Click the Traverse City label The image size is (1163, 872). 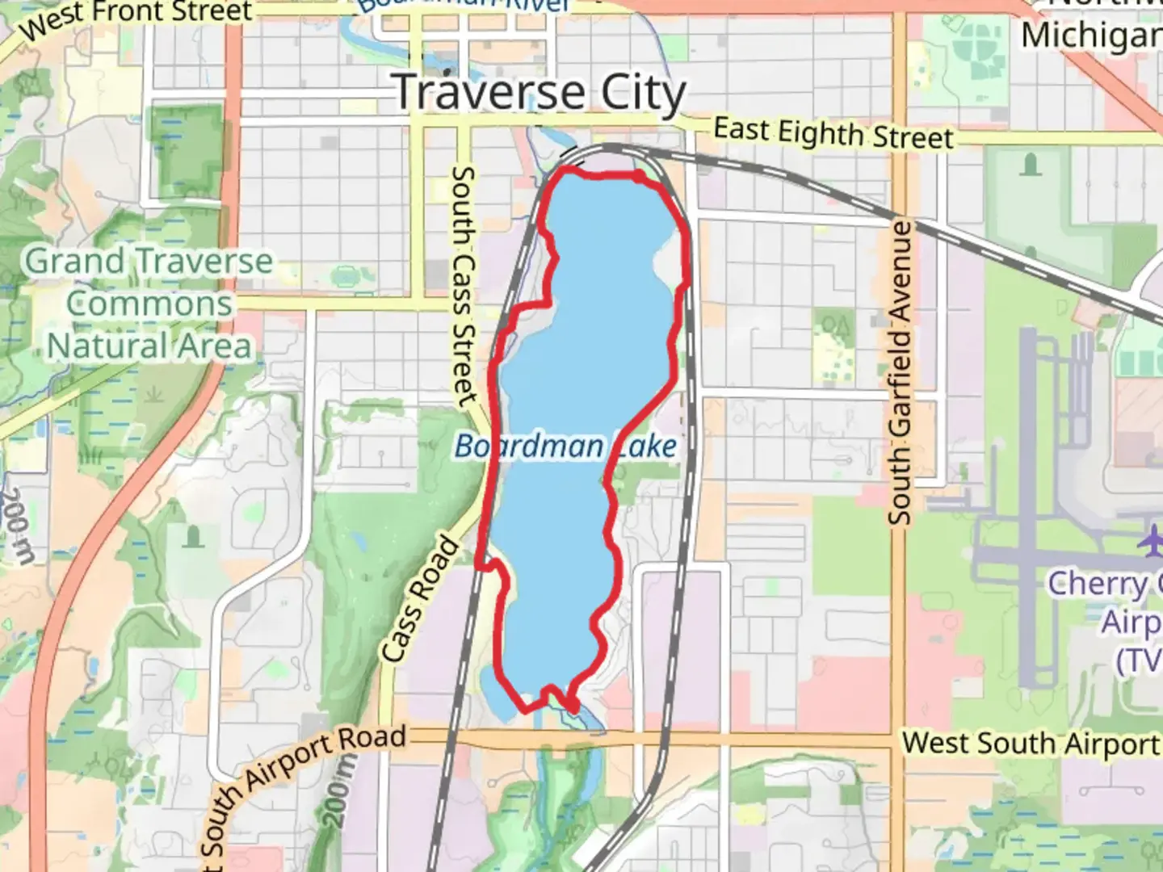[540, 92]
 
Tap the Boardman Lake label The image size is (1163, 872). [565, 446]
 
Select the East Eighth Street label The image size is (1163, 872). [833, 133]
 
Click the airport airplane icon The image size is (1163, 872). [1149, 540]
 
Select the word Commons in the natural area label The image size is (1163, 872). [149, 304]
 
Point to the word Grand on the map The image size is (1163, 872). [74, 262]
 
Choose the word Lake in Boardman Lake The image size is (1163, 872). [646, 446]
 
